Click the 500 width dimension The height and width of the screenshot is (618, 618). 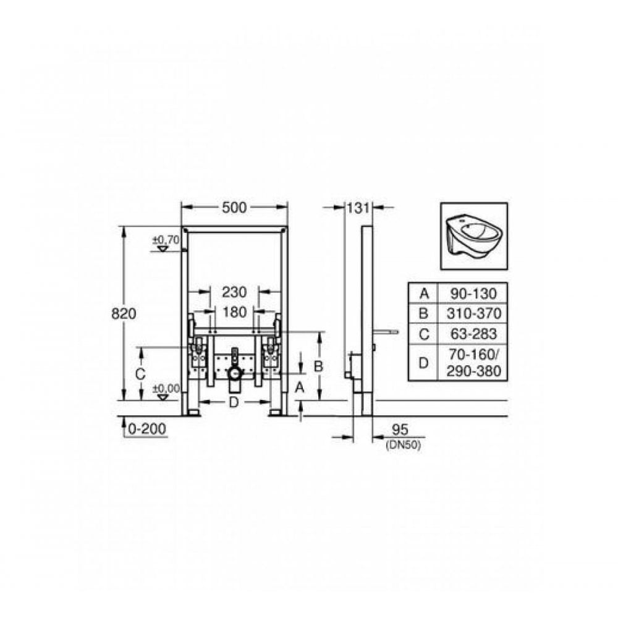pos(234,208)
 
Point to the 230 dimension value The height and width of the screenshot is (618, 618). pos(234,291)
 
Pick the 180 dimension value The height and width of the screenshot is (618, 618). pos(234,312)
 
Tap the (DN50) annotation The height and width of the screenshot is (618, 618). pos(402,444)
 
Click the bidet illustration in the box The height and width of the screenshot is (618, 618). pos(473,236)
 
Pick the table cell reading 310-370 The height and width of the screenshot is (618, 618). pos(472,313)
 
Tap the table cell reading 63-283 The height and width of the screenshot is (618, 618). pos(472,334)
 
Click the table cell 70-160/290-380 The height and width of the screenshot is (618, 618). pos(472,363)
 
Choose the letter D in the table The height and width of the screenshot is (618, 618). pos(423,363)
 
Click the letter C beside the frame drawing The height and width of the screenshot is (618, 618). pos(140,374)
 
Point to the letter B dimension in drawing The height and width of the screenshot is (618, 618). pos(319,365)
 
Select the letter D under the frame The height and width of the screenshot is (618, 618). pos(234,402)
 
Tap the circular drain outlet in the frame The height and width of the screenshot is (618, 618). pos(234,373)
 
